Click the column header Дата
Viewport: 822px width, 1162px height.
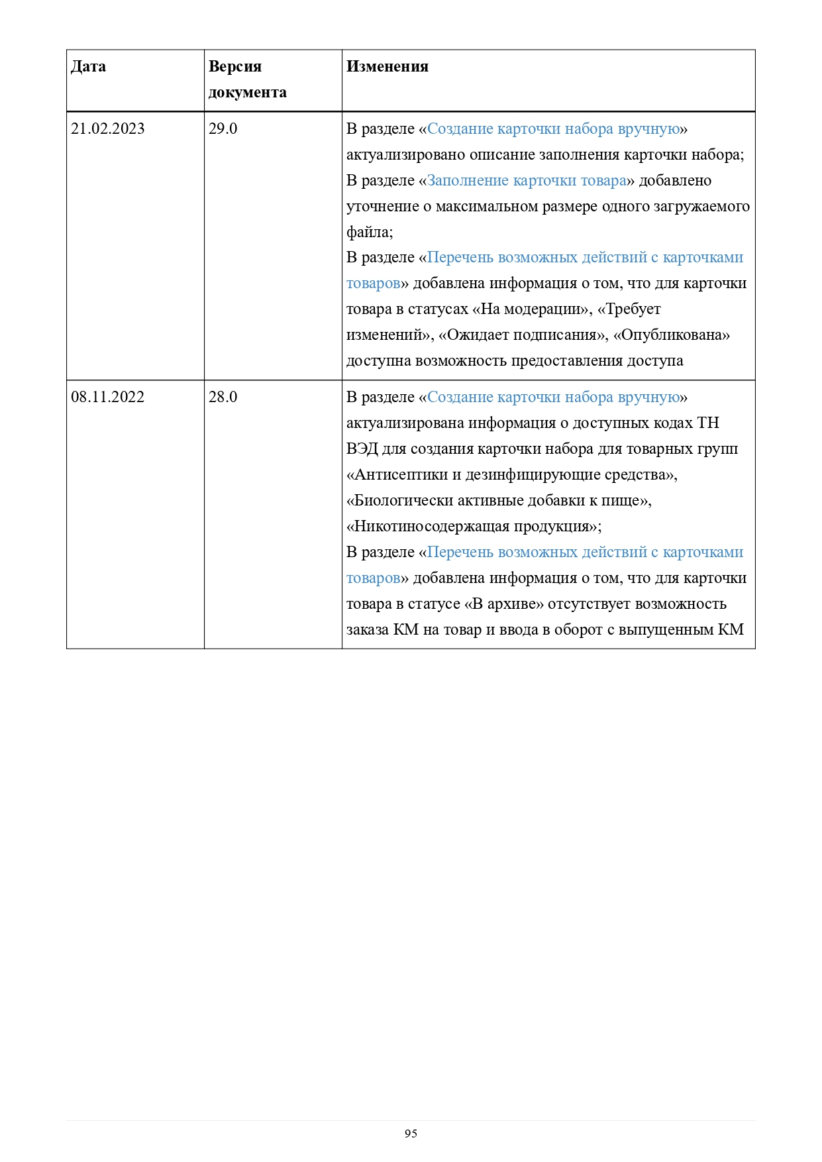point(88,67)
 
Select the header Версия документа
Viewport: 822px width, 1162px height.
point(247,79)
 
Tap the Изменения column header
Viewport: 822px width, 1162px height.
point(387,67)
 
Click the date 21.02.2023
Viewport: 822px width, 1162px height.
point(108,129)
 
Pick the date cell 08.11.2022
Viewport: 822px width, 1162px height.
point(108,397)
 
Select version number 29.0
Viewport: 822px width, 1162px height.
point(223,129)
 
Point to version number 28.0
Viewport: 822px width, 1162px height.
point(223,397)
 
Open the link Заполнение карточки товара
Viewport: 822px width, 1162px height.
point(527,181)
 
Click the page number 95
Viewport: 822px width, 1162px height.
point(411,1134)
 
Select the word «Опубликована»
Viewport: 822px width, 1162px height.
point(671,335)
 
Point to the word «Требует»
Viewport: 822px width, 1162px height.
point(629,310)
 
